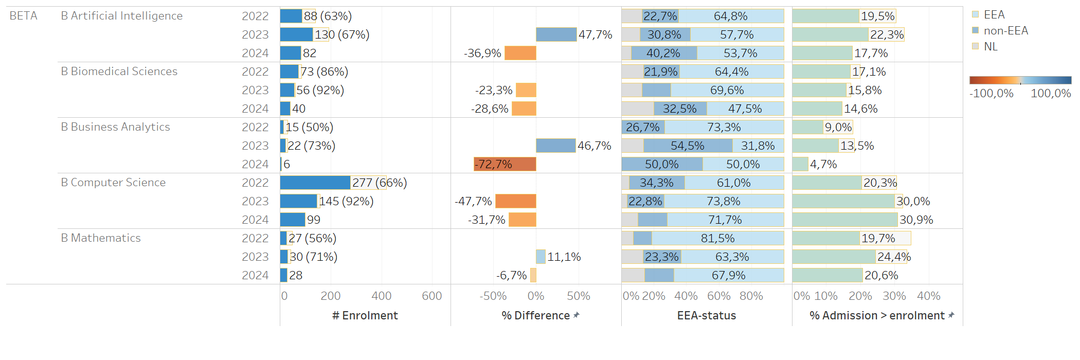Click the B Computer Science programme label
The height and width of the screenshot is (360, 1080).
tap(113, 183)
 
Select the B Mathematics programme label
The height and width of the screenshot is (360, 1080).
tap(101, 238)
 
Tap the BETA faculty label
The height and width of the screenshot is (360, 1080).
tap(23, 16)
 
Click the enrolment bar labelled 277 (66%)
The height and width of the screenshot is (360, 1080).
tap(315, 183)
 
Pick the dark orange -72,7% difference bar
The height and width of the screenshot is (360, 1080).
tap(505, 164)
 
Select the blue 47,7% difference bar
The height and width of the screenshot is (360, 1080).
tap(556, 34)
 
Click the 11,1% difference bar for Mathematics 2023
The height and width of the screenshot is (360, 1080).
tap(541, 257)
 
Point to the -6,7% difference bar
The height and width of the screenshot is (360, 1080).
tap(533, 275)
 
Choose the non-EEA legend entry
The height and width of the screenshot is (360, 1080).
tap(1005, 31)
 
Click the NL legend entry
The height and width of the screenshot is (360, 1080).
tap(990, 47)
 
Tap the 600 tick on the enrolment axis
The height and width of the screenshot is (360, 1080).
tap(431, 296)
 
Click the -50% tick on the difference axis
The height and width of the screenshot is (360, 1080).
tap(493, 296)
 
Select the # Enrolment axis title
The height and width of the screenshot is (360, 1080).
tap(365, 316)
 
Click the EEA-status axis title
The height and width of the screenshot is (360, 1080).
tap(706, 316)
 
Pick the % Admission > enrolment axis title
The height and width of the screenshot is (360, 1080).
tap(877, 316)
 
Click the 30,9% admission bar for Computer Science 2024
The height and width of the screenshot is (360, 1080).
tap(844, 220)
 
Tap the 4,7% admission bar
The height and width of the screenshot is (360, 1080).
tap(800, 164)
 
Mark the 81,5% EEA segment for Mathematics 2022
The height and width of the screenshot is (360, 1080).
tap(717, 238)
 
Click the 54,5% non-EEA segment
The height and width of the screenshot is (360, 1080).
tap(688, 146)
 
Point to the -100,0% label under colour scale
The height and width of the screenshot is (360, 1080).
tap(991, 94)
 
